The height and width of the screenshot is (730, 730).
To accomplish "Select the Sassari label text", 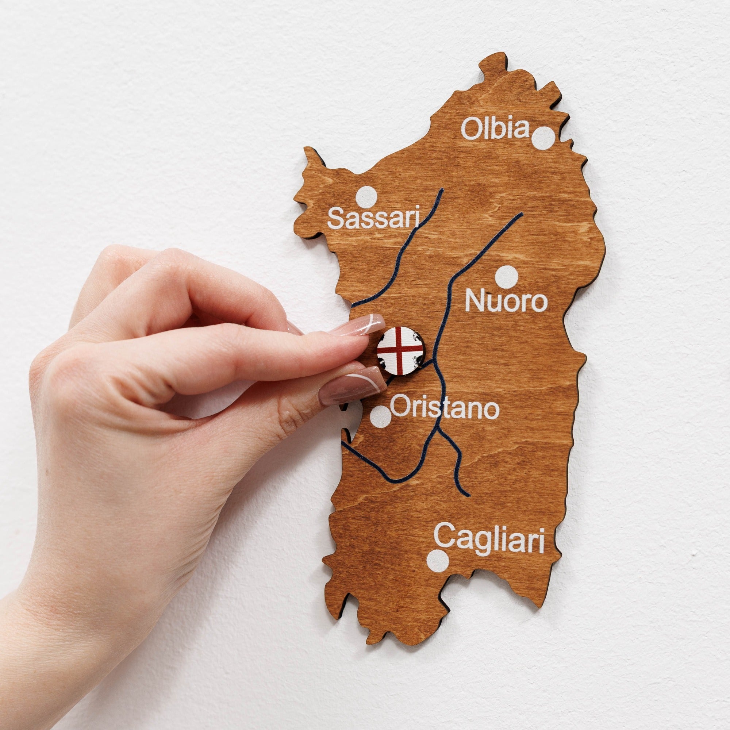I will (x=374, y=218).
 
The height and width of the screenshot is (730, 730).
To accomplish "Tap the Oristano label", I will (x=444, y=407).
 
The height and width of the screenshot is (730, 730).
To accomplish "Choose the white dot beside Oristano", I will (x=380, y=416).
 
